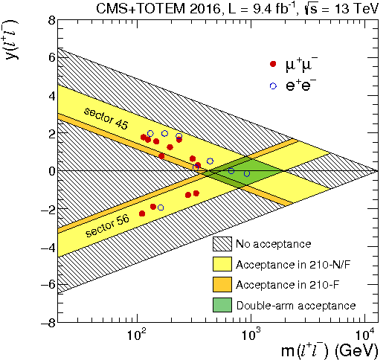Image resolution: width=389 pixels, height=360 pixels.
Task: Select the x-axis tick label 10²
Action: point(136,335)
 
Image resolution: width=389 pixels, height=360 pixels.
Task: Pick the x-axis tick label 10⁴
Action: point(364,335)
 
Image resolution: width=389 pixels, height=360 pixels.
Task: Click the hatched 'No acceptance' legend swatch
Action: point(222,244)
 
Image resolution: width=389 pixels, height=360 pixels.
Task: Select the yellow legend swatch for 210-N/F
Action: point(222,264)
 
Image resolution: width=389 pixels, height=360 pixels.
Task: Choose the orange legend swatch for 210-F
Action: point(222,285)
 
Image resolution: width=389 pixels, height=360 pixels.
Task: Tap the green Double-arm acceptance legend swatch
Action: point(222,305)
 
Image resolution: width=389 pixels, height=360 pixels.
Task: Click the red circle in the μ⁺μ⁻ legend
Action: point(273,65)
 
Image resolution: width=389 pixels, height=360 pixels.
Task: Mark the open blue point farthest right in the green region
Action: point(247,174)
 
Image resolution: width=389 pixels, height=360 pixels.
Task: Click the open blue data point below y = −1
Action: point(161,208)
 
